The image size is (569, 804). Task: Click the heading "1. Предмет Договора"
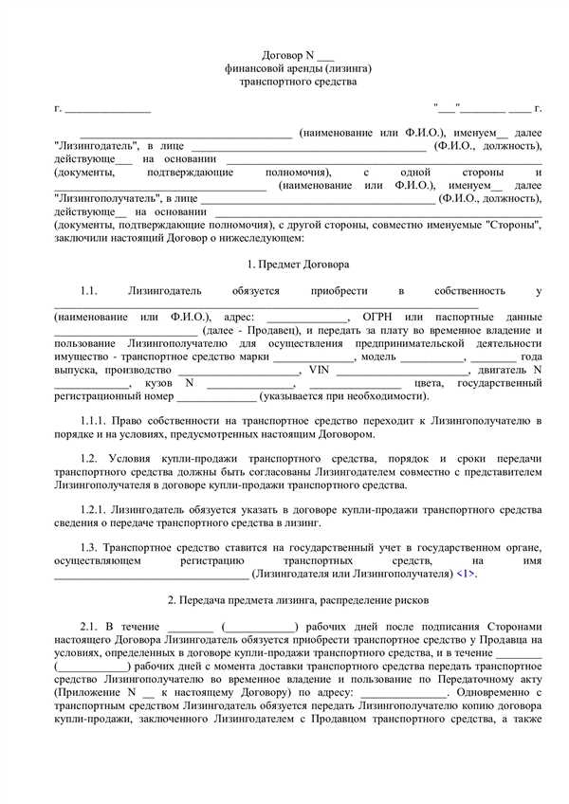[x=284, y=263]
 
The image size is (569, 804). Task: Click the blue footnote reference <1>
[x=466, y=575]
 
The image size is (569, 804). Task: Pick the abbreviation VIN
[x=318, y=369]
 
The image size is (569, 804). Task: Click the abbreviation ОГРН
[x=378, y=316]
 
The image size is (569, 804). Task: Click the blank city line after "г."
[x=106, y=110]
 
